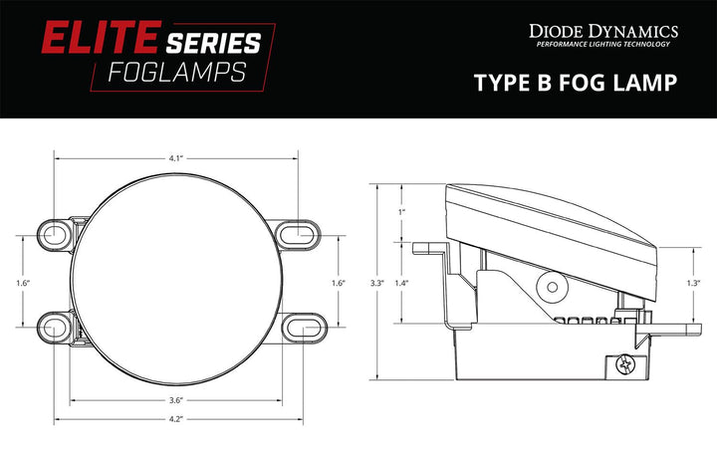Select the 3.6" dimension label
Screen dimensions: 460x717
(x=175, y=400)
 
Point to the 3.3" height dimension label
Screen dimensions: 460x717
(x=376, y=284)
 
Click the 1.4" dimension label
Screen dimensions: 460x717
(x=402, y=284)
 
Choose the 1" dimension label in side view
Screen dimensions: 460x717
(x=401, y=212)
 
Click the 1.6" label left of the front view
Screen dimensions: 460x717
(x=23, y=284)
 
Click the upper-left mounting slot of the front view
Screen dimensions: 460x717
(x=54, y=235)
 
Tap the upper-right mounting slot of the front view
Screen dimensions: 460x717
(x=296, y=235)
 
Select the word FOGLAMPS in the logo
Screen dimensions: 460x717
(x=181, y=74)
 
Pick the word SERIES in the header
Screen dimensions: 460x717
(x=213, y=42)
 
